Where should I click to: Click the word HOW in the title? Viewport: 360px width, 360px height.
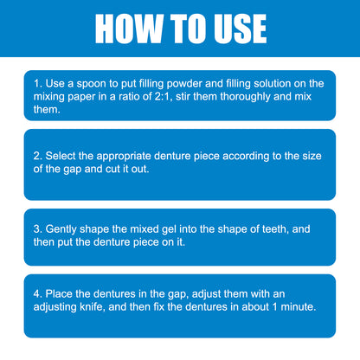[129, 29]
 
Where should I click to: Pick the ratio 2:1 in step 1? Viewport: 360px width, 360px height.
[163, 96]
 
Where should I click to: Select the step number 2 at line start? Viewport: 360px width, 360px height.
[36, 156]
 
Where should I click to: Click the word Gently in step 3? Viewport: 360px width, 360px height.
[61, 229]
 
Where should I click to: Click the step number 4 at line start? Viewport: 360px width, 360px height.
[36, 294]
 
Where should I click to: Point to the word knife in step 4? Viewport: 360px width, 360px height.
[91, 306]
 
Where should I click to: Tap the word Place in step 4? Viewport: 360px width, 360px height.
[59, 294]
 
